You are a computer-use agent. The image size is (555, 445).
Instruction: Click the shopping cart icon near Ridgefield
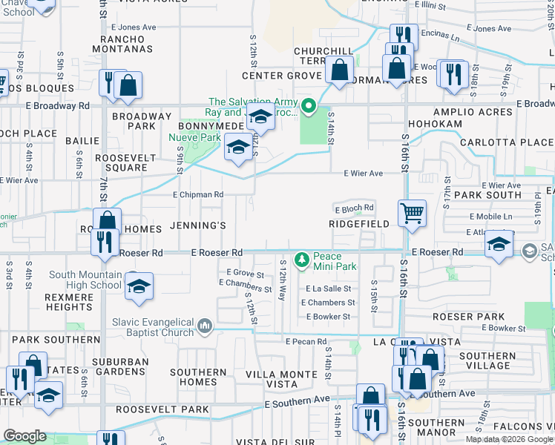pyautogui.click(x=412, y=213)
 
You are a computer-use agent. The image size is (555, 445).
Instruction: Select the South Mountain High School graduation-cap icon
pyautogui.click(x=138, y=286)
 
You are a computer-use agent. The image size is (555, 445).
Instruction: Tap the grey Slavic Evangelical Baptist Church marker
pyautogui.click(x=206, y=325)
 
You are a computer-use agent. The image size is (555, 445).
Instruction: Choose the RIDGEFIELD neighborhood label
pyautogui.click(x=359, y=223)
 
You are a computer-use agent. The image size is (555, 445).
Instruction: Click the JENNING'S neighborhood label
pyautogui.click(x=197, y=224)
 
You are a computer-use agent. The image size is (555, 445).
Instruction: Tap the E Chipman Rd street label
pyautogui.click(x=198, y=195)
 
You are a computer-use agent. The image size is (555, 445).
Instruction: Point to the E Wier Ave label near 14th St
pyautogui.click(x=363, y=174)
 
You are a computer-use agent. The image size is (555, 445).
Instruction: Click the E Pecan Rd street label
pyautogui.click(x=306, y=342)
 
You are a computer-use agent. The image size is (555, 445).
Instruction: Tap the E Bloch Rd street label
pyautogui.click(x=353, y=208)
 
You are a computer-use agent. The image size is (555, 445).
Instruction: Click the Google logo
pyautogui.click(x=24, y=436)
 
